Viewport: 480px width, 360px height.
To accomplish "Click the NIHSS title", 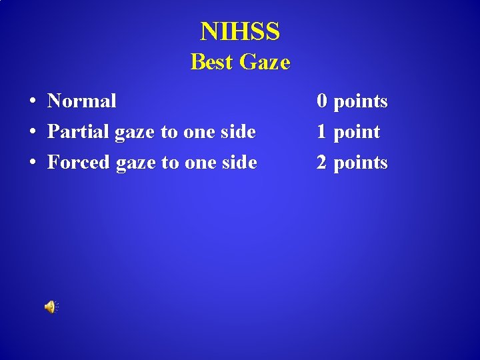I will pyautogui.click(x=240, y=31).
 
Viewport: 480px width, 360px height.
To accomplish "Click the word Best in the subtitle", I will pyautogui.click(x=212, y=62).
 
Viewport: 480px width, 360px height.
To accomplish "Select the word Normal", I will pyautogui.click(x=82, y=101).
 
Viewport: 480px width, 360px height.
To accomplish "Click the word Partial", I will pyautogui.click(x=79, y=132).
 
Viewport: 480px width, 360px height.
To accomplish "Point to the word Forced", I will pyautogui.click(x=79, y=163).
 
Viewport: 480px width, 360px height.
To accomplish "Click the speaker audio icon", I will pyautogui.click(x=51, y=307).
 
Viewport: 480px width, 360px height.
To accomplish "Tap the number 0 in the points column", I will pyautogui.click(x=322, y=101).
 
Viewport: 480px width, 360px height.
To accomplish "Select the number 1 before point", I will pyautogui.click(x=322, y=132).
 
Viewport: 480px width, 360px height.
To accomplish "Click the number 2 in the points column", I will pyautogui.click(x=322, y=163).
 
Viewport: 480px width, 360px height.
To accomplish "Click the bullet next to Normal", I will pyautogui.click(x=32, y=101).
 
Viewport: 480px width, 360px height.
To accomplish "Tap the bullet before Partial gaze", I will pyautogui.click(x=32, y=132).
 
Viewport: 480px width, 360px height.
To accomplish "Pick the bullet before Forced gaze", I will pyautogui.click(x=32, y=163).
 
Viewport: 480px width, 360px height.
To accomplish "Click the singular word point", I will pyautogui.click(x=357, y=132).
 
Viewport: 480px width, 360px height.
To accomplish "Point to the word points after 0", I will pyautogui.click(x=361, y=101).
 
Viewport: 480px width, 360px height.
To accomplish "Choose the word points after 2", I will pyautogui.click(x=361, y=163).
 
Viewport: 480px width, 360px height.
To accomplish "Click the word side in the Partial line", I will pyautogui.click(x=238, y=132).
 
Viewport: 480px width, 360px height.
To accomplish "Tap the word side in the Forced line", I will pyautogui.click(x=239, y=163).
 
